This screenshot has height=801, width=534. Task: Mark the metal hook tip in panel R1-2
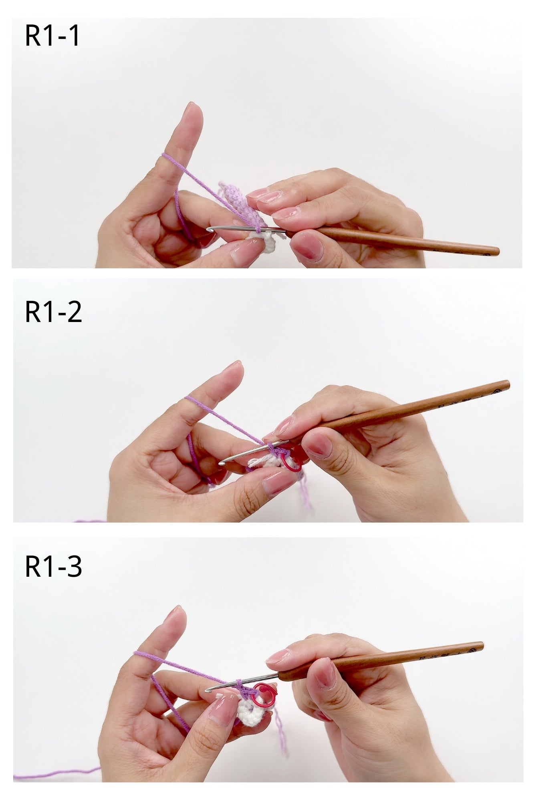tap(221, 463)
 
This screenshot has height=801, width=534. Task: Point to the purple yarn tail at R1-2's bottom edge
tap(90, 521)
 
